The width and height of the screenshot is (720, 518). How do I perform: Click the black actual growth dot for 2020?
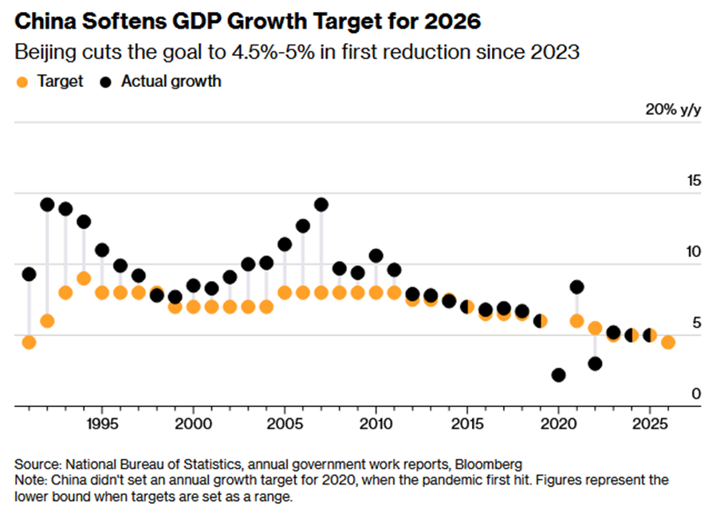558,374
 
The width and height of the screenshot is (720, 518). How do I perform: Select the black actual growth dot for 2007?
321,204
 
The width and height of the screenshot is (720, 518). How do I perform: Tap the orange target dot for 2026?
668,342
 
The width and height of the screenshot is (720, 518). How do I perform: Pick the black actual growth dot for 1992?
47,204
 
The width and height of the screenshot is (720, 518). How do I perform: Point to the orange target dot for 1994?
84,278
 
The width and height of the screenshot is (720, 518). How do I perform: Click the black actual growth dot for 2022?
595,363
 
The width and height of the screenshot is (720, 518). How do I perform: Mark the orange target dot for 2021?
576,321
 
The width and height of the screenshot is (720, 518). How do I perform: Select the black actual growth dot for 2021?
576,287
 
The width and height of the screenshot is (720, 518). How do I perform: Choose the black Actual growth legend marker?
105,81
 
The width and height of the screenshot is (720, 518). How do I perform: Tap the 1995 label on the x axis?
102,421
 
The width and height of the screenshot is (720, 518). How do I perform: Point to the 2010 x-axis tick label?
376,421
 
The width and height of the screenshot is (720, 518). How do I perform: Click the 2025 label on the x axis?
649,421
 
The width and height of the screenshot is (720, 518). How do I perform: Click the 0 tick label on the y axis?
696,393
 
